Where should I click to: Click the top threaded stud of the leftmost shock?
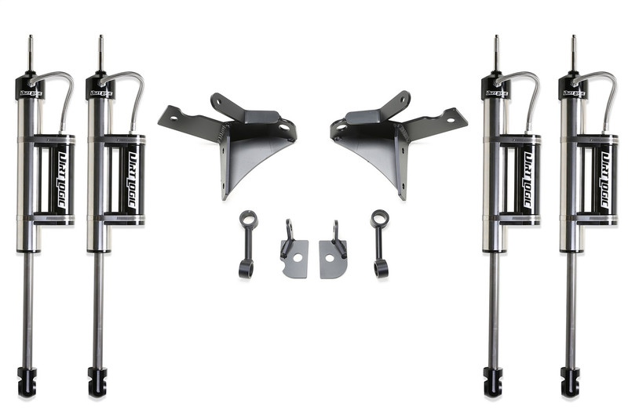31,52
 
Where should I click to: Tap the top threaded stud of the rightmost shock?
572,52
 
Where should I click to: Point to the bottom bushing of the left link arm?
245,268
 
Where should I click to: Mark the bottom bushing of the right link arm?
382,268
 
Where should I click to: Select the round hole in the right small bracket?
334,260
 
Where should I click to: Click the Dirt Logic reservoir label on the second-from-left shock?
133,180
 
